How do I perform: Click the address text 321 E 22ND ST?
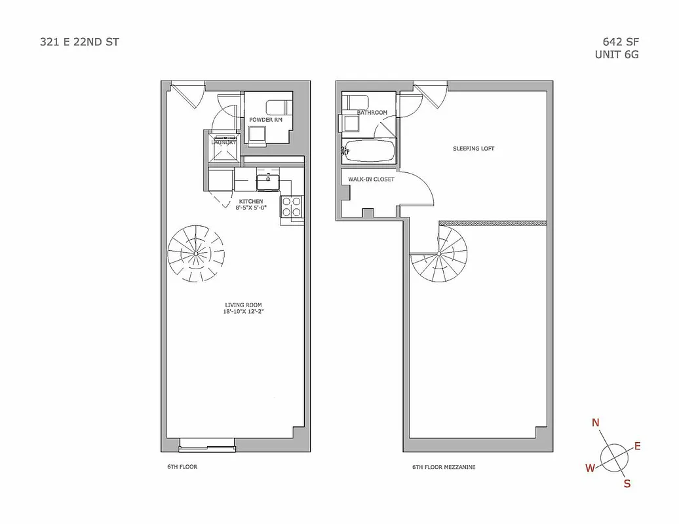tap(79, 43)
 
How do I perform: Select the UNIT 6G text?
tap(616, 55)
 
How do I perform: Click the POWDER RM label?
tap(265, 120)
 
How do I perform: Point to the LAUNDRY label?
tap(222, 141)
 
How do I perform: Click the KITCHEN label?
tap(251, 201)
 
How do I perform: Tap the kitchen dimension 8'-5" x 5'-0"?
tap(251, 208)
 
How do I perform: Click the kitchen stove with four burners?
tap(291, 207)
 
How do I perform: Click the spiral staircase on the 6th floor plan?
tap(196, 253)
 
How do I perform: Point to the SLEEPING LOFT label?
tap(473, 149)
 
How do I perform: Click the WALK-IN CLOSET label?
tap(371, 179)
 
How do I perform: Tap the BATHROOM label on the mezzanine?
tap(372, 113)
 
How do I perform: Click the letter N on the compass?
tap(595, 422)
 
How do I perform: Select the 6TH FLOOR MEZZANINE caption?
tap(444, 467)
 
